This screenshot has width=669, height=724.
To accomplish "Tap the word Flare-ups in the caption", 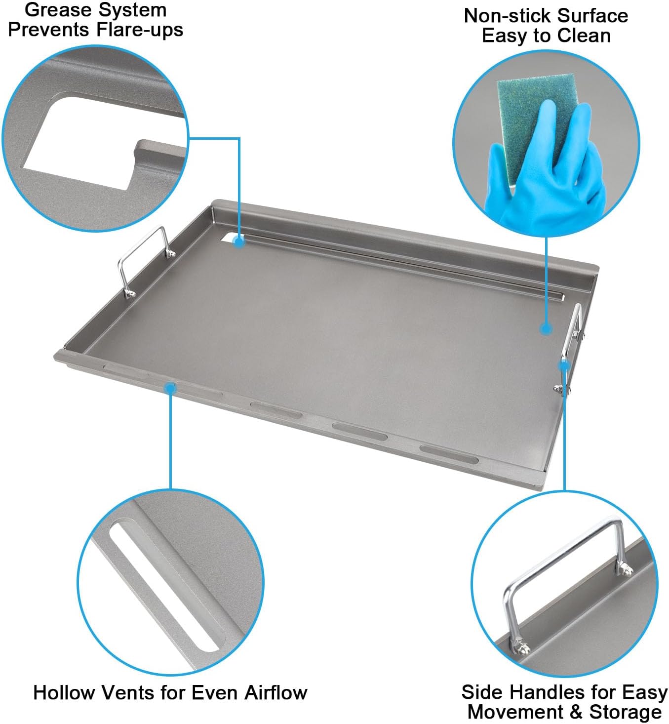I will point(140,30).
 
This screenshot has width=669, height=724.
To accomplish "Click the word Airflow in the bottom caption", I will point(275,693).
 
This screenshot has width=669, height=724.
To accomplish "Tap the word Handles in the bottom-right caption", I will point(549,692).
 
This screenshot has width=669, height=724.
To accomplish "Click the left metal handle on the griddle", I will point(144,262).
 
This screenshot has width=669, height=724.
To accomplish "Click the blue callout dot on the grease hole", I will point(239,242).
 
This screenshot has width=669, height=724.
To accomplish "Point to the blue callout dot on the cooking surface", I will point(545,328).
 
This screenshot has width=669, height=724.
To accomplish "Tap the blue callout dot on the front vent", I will point(170,388).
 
